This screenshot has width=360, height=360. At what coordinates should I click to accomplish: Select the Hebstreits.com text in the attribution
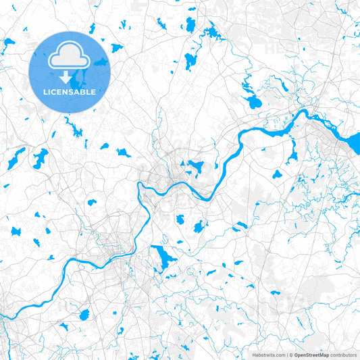[268, 354]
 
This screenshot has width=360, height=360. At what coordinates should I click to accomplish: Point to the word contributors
[342, 354]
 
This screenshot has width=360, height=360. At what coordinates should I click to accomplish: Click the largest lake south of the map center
[162, 257]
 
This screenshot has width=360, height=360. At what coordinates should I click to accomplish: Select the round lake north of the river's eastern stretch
[254, 103]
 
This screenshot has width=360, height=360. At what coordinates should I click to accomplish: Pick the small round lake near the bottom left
[84, 315]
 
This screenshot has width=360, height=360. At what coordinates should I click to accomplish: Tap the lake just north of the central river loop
[195, 166]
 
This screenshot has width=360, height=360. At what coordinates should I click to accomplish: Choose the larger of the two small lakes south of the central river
[199, 226]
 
